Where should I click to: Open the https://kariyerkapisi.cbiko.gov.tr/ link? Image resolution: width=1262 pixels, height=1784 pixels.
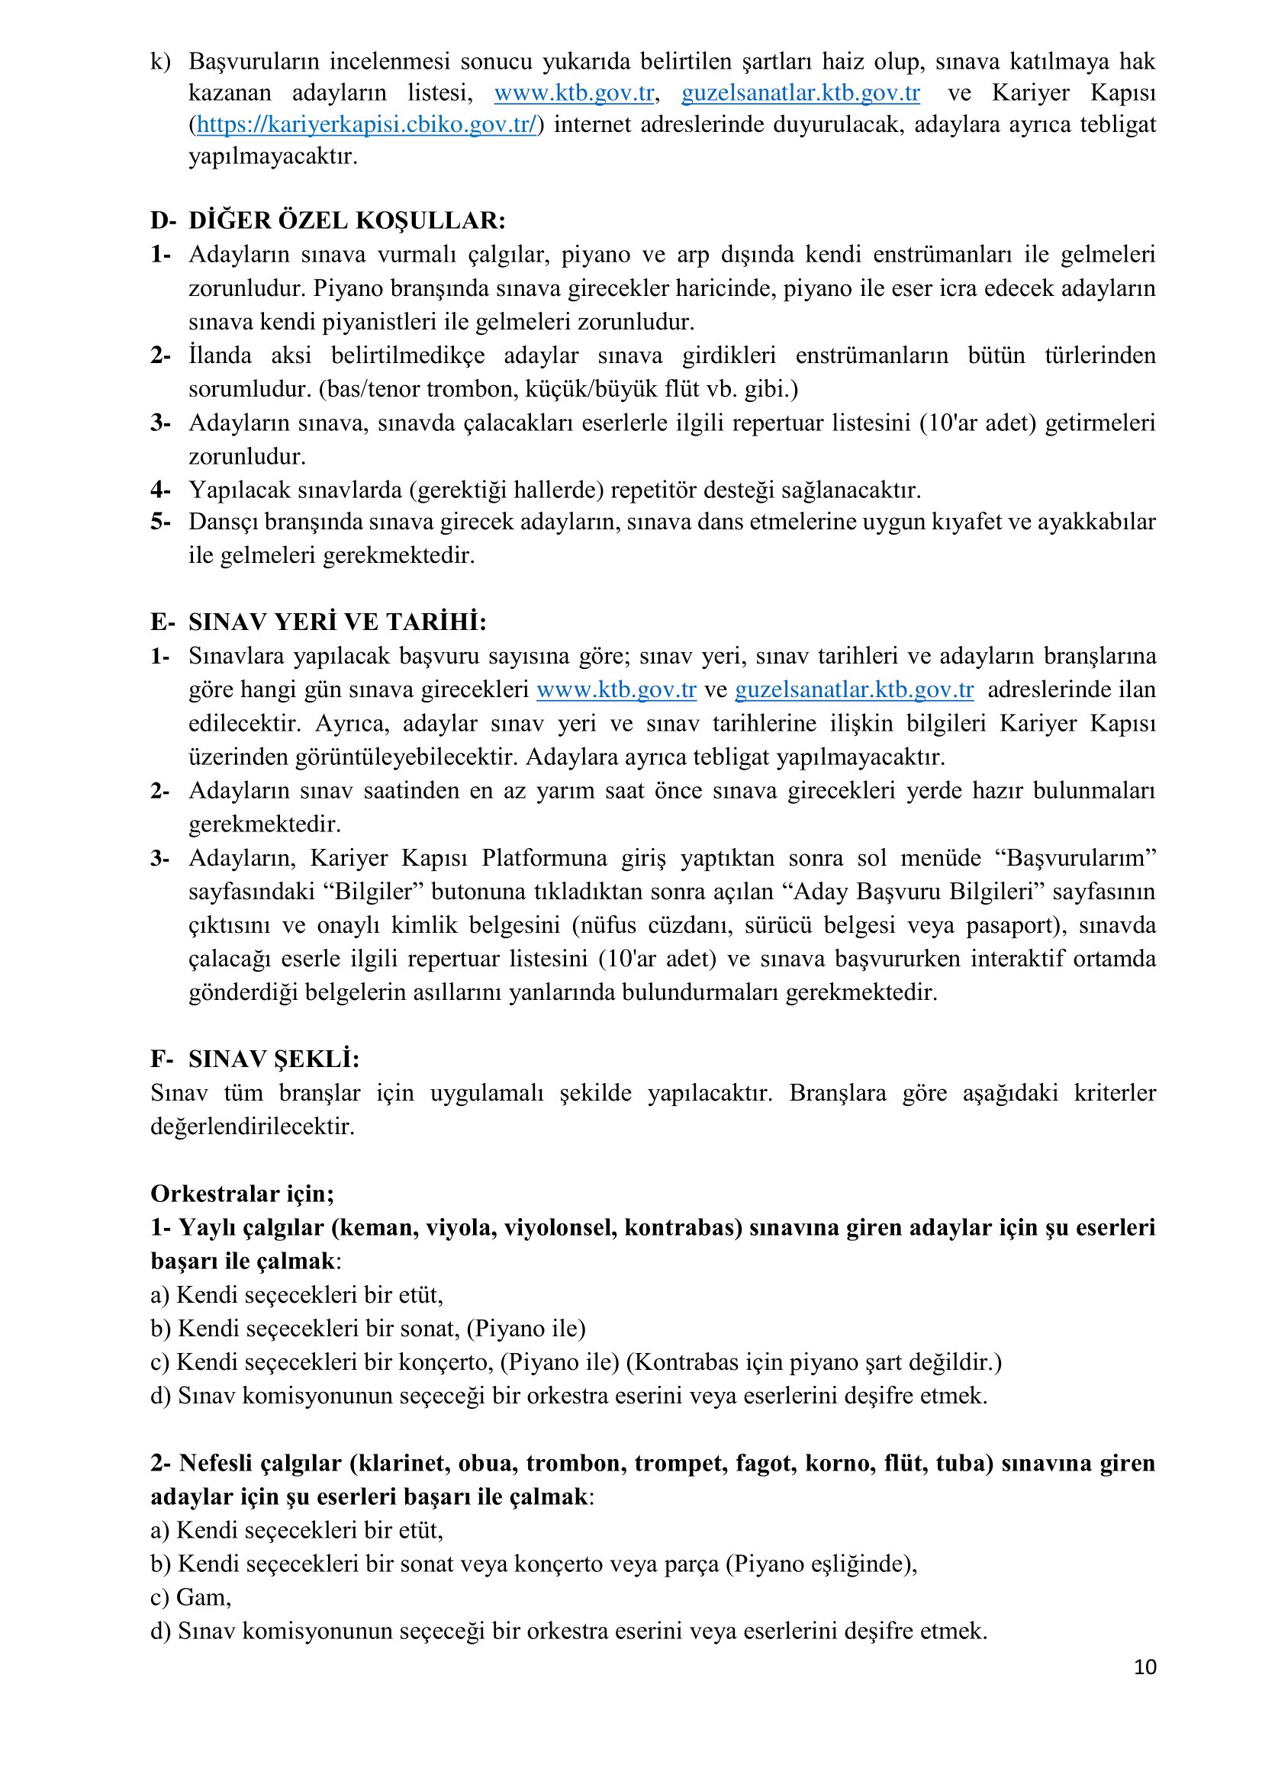point(366,125)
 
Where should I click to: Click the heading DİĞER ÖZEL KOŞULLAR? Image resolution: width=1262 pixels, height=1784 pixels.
point(346,220)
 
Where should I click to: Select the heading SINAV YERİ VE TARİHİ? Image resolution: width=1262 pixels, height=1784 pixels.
point(337,622)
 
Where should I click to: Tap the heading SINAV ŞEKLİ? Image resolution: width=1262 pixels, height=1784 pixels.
point(274,1059)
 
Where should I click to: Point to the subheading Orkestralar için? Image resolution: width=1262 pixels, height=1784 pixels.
point(242,1194)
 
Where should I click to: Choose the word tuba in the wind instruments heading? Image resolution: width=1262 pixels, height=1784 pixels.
point(962,1463)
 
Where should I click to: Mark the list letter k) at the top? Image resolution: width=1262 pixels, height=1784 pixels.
point(161,61)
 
